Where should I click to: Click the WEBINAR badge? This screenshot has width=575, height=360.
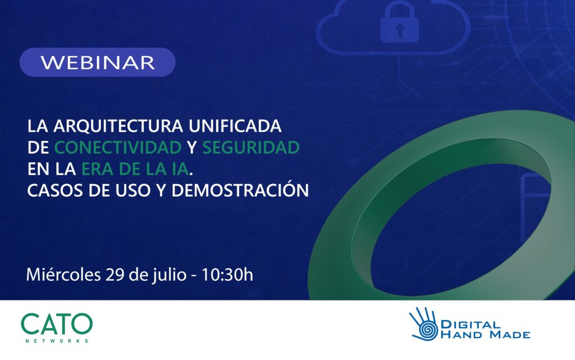click(x=98, y=62)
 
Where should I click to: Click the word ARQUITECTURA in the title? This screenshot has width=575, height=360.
click(x=118, y=126)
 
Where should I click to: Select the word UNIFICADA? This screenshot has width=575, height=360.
click(x=235, y=126)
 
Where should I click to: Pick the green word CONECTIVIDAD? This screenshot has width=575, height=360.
click(x=118, y=147)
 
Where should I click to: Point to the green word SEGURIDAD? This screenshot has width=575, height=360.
click(x=251, y=147)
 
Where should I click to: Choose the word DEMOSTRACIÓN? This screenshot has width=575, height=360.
click(x=240, y=190)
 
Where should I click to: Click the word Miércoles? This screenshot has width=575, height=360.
click(x=63, y=274)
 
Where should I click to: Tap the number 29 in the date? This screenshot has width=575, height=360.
click(x=115, y=275)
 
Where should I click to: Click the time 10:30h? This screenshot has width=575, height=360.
click(x=227, y=275)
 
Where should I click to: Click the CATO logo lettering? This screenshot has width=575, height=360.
click(x=57, y=323)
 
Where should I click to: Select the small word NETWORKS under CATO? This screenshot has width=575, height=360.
click(x=57, y=341)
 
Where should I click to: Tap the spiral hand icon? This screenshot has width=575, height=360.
click(x=425, y=324)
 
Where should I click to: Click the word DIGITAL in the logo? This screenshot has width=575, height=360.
click(x=471, y=325)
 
